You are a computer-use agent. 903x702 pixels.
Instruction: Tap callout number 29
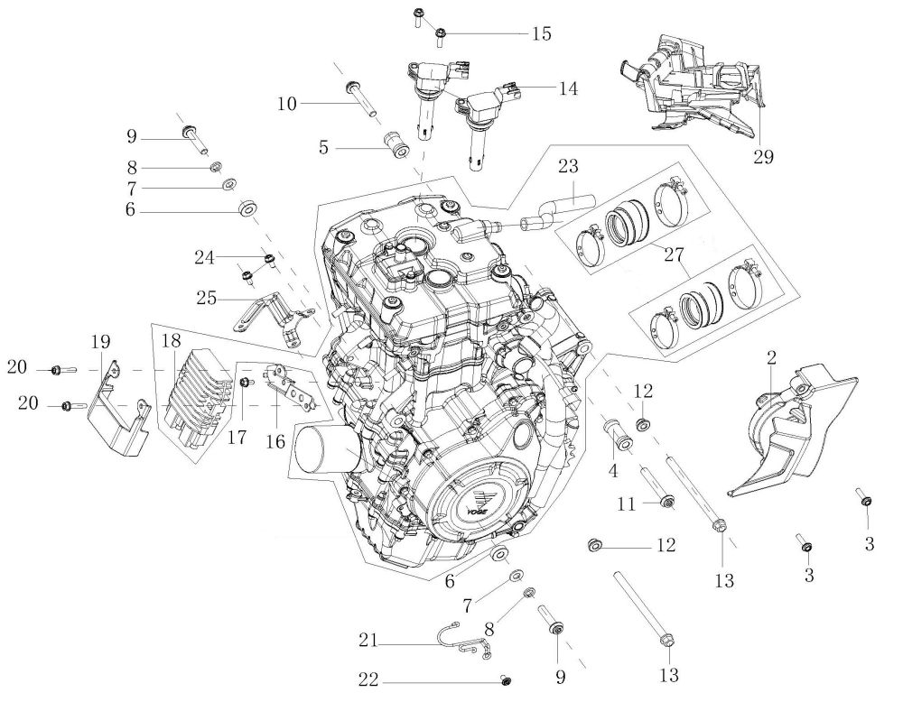click(x=763, y=155)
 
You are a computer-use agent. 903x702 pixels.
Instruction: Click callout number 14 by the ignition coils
click(x=568, y=88)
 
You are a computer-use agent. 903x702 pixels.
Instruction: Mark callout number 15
click(x=541, y=33)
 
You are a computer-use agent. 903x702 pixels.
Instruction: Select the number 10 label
click(x=286, y=105)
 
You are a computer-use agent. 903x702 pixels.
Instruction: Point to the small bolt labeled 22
click(x=507, y=679)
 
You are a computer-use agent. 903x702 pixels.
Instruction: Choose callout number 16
click(x=275, y=440)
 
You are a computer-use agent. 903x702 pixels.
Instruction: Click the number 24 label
click(x=203, y=257)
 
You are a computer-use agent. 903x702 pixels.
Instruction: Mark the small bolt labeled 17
click(x=245, y=384)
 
